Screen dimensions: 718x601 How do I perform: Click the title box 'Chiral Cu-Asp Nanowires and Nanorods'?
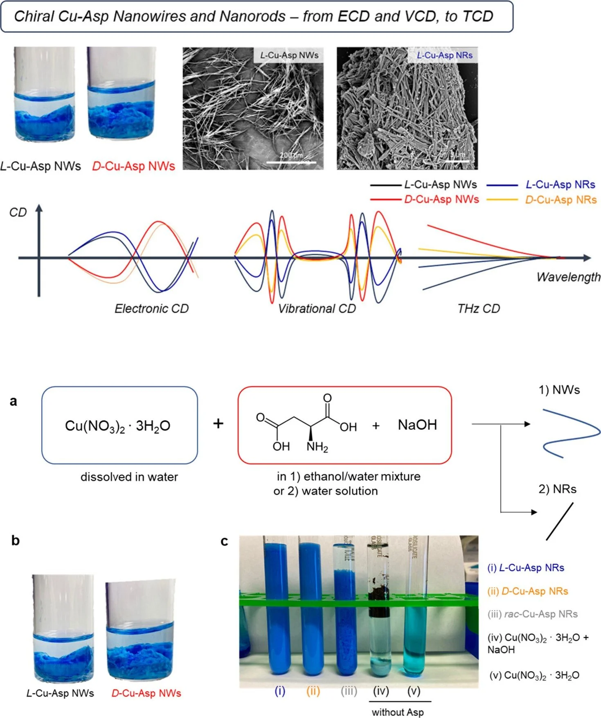click(x=257, y=16)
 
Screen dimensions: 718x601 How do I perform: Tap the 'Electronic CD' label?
click(x=151, y=309)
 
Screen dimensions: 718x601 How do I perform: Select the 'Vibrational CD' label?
click(x=317, y=309)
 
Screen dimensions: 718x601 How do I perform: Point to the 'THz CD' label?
click(x=478, y=309)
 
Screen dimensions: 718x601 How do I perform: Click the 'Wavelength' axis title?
click(x=568, y=277)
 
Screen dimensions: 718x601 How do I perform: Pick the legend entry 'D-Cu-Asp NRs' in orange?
click(x=560, y=200)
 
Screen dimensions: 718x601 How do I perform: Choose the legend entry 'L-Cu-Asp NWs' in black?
click(x=440, y=185)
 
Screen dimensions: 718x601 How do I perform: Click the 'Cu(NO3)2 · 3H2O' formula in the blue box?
click(x=117, y=426)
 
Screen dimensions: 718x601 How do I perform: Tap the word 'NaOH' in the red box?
click(x=417, y=425)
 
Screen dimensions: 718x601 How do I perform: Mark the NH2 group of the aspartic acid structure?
click(x=317, y=447)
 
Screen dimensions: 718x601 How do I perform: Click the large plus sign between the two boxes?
click(x=218, y=423)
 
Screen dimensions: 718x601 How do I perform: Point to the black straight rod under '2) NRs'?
click(x=559, y=521)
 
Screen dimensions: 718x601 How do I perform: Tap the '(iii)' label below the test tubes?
click(x=349, y=691)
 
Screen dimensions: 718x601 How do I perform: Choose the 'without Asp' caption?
click(x=398, y=712)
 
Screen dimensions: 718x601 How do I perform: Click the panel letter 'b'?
click(x=16, y=541)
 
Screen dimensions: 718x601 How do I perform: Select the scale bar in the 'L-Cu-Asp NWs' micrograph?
click(x=291, y=163)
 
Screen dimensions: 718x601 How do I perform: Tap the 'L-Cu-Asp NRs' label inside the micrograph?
click(x=444, y=55)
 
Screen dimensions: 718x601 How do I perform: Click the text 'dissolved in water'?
click(x=129, y=477)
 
